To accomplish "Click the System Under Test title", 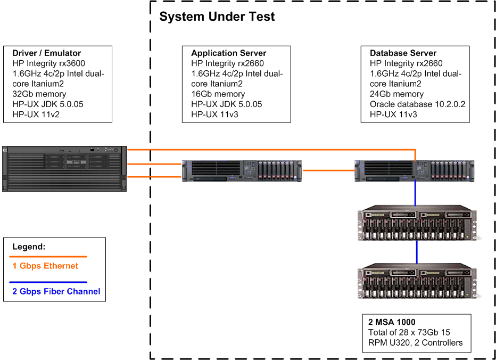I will coord(217,17).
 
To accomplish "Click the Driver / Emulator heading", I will coord(47,53).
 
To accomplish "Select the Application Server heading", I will coord(229,53).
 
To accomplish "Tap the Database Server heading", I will coord(403,53).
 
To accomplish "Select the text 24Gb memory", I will coord(396,94).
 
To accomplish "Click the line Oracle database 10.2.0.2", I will coord(417,104).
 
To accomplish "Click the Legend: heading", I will coord(29,247).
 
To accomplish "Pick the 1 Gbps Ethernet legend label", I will coord(45,266).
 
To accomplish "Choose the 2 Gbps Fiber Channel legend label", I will coord(56,291).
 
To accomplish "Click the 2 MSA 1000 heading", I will coord(392,322).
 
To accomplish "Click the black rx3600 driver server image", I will coord(64,168).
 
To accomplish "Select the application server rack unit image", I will coord(242,170).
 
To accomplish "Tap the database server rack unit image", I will coord(414,170).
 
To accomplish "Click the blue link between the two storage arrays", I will coord(416,252).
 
